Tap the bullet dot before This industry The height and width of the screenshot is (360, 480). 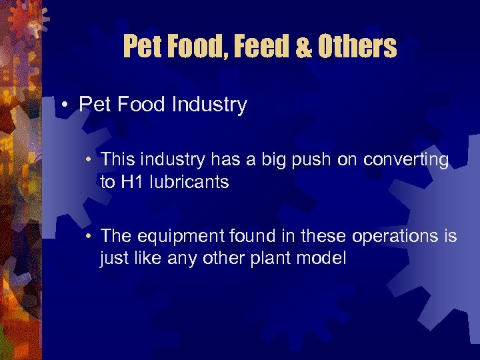[89, 160]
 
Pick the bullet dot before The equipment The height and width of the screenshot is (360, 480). [89, 236]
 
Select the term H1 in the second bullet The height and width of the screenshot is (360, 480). [131, 182]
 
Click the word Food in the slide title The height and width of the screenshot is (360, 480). [189, 47]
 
